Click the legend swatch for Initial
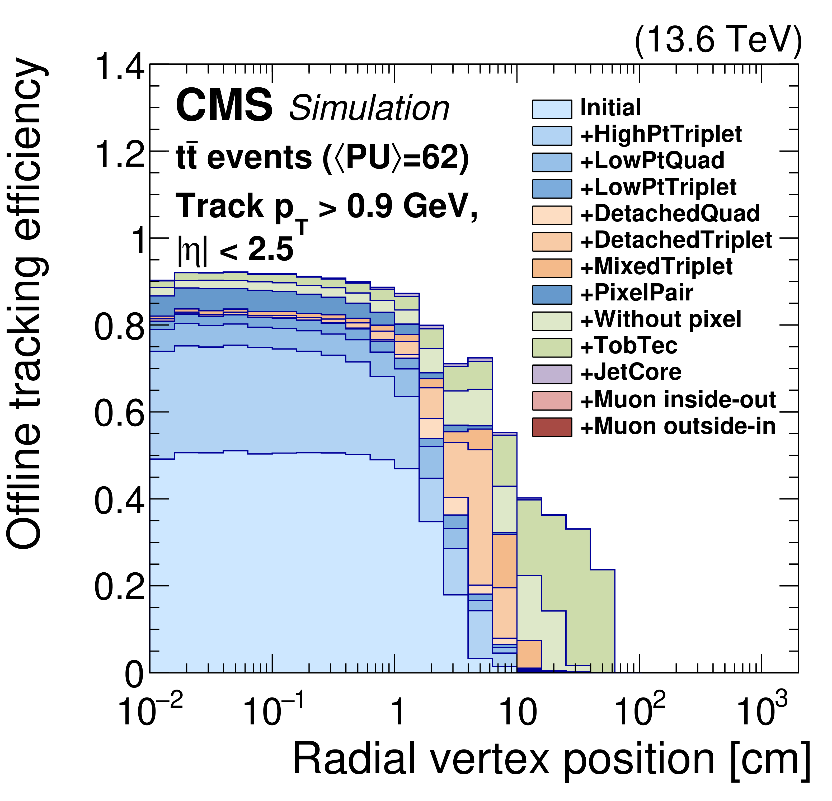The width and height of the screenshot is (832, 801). [x=552, y=109]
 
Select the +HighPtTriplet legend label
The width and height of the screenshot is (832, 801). [x=661, y=135]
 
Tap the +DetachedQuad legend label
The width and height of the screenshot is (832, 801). [x=670, y=214]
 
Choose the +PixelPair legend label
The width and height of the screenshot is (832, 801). [x=637, y=293]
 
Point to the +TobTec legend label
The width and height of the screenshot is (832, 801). [x=629, y=346]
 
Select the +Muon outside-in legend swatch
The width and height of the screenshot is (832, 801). [x=552, y=427]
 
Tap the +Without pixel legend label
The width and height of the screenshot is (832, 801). [x=661, y=319]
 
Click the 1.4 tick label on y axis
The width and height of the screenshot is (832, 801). [x=120, y=68]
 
